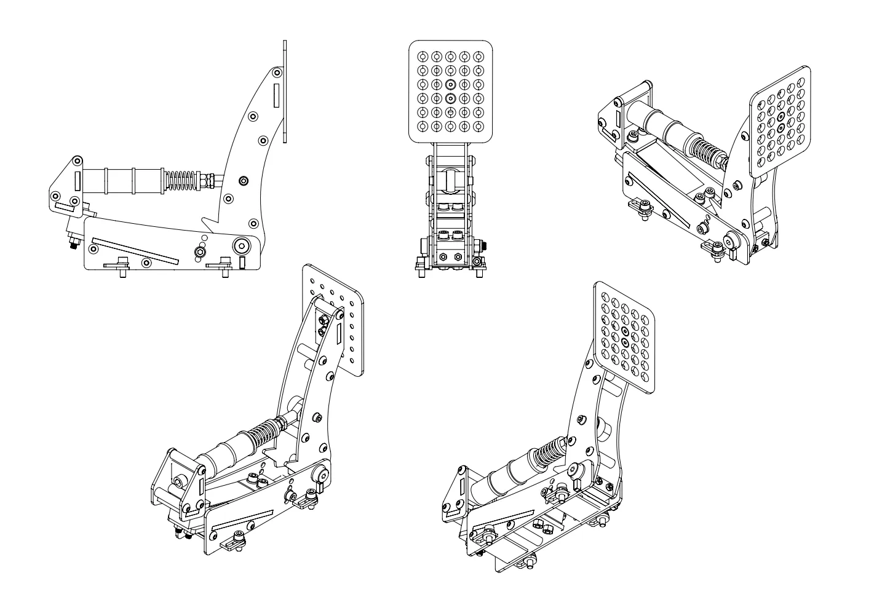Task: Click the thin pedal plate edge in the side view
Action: pyautogui.click(x=285, y=92)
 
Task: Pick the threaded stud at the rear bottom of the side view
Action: pyautogui.click(x=73, y=245)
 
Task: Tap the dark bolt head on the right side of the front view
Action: pyautogui.click(x=483, y=245)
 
